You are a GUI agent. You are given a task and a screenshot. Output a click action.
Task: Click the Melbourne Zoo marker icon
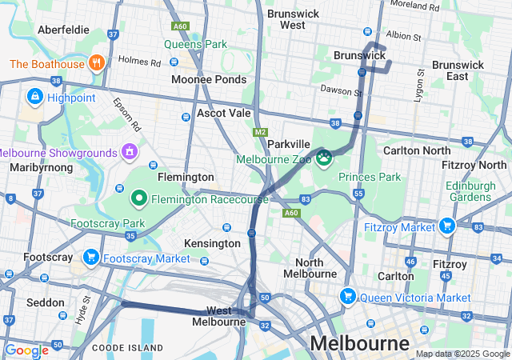[325, 157]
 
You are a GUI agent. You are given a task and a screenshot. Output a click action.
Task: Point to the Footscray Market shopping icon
[91, 258]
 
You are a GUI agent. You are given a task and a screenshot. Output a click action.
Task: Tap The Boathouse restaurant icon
[96, 63]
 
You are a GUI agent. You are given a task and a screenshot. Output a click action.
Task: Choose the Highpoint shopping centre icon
[34, 97]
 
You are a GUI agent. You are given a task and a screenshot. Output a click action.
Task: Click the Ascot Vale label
[224, 114]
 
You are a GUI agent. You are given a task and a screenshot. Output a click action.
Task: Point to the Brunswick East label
[458, 70]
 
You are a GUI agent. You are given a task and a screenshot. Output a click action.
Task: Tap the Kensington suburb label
[212, 242]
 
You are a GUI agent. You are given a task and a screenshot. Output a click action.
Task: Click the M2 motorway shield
[260, 132]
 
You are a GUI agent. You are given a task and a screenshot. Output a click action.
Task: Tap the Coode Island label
[127, 348]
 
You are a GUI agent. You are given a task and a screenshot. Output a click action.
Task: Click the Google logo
[26, 350]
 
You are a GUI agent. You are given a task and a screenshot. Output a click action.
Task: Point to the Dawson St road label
[336, 90]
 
